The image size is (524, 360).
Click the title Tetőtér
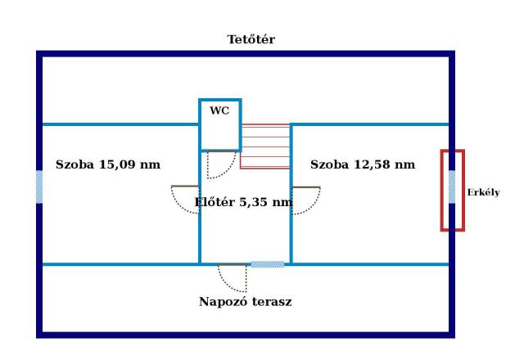pyautogui.click(x=251, y=39)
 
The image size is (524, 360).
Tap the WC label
pyautogui.click(x=219, y=110)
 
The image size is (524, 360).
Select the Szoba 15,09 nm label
pyautogui.click(x=107, y=164)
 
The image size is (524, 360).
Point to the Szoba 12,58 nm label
pyautogui.click(x=363, y=164)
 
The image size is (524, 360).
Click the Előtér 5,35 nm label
pyautogui.click(x=243, y=201)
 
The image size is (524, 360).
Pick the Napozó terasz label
pyautogui.click(x=246, y=301)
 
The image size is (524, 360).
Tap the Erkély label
pyautogui.click(x=483, y=193)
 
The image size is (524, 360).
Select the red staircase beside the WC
pyautogui.click(x=265, y=146)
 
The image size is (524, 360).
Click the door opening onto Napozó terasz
pyautogui.click(x=233, y=278)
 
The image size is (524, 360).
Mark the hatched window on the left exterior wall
pyautogui.click(x=38, y=187)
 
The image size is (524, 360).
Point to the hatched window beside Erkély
pyautogui.click(x=451, y=187)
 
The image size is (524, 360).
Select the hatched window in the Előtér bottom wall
pyautogui.click(x=267, y=264)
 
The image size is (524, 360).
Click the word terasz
pyautogui.click(x=271, y=301)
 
